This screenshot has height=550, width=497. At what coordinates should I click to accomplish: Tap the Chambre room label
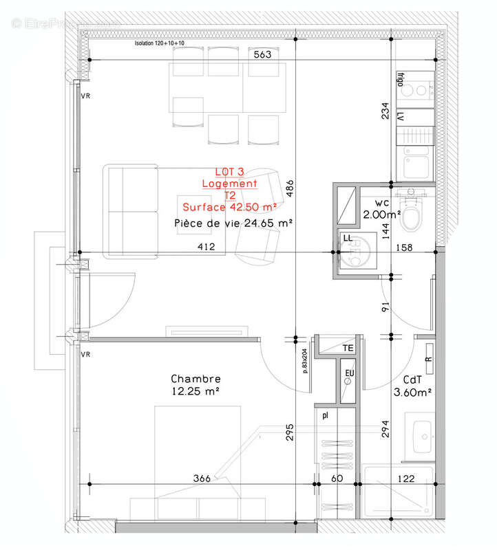[196, 379]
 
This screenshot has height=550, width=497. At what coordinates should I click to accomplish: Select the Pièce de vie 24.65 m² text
[234, 223]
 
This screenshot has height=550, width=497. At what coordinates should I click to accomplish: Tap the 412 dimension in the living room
[206, 247]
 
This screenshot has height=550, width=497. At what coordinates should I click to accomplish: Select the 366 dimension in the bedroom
[202, 478]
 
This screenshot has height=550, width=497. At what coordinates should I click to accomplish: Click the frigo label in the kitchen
[399, 82]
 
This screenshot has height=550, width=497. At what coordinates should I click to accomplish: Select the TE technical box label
[348, 349]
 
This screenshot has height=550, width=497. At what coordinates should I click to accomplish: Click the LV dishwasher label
[399, 118]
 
